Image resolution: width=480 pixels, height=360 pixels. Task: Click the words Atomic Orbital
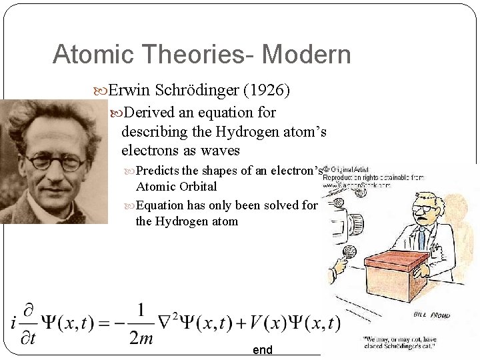click(x=176, y=187)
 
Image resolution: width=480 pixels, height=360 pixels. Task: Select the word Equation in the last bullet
click(x=162, y=205)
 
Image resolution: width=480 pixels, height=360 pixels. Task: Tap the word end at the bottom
click(x=262, y=350)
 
